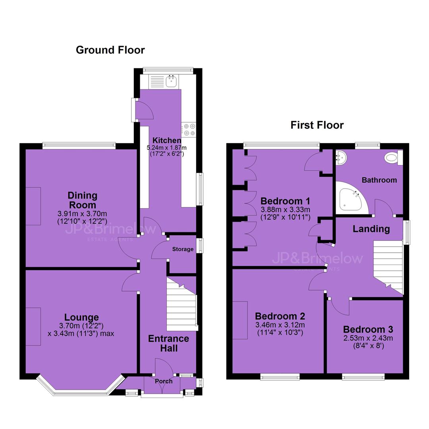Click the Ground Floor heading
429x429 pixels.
(110, 50)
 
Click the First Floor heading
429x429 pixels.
(317, 125)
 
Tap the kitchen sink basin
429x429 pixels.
(172, 81)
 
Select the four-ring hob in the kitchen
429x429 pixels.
(189, 129)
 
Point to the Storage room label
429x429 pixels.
(183, 249)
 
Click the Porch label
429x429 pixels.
(164, 381)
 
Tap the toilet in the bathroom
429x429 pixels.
(393, 158)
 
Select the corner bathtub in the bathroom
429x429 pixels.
(352, 198)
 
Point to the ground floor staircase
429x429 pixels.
(182, 304)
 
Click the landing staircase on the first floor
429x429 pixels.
(388, 267)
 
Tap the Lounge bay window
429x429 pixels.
(81, 386)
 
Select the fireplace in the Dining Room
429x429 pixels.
(33, 206)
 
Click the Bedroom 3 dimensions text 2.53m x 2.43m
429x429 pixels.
(368, 338)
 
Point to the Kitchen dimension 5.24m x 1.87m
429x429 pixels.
(166, 148)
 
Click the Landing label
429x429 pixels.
(371, 229)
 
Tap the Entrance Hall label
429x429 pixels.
(168, 343)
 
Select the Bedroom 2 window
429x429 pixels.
(280, 377)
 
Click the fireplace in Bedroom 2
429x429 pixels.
(240, 321)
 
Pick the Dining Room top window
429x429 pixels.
(79, 146)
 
